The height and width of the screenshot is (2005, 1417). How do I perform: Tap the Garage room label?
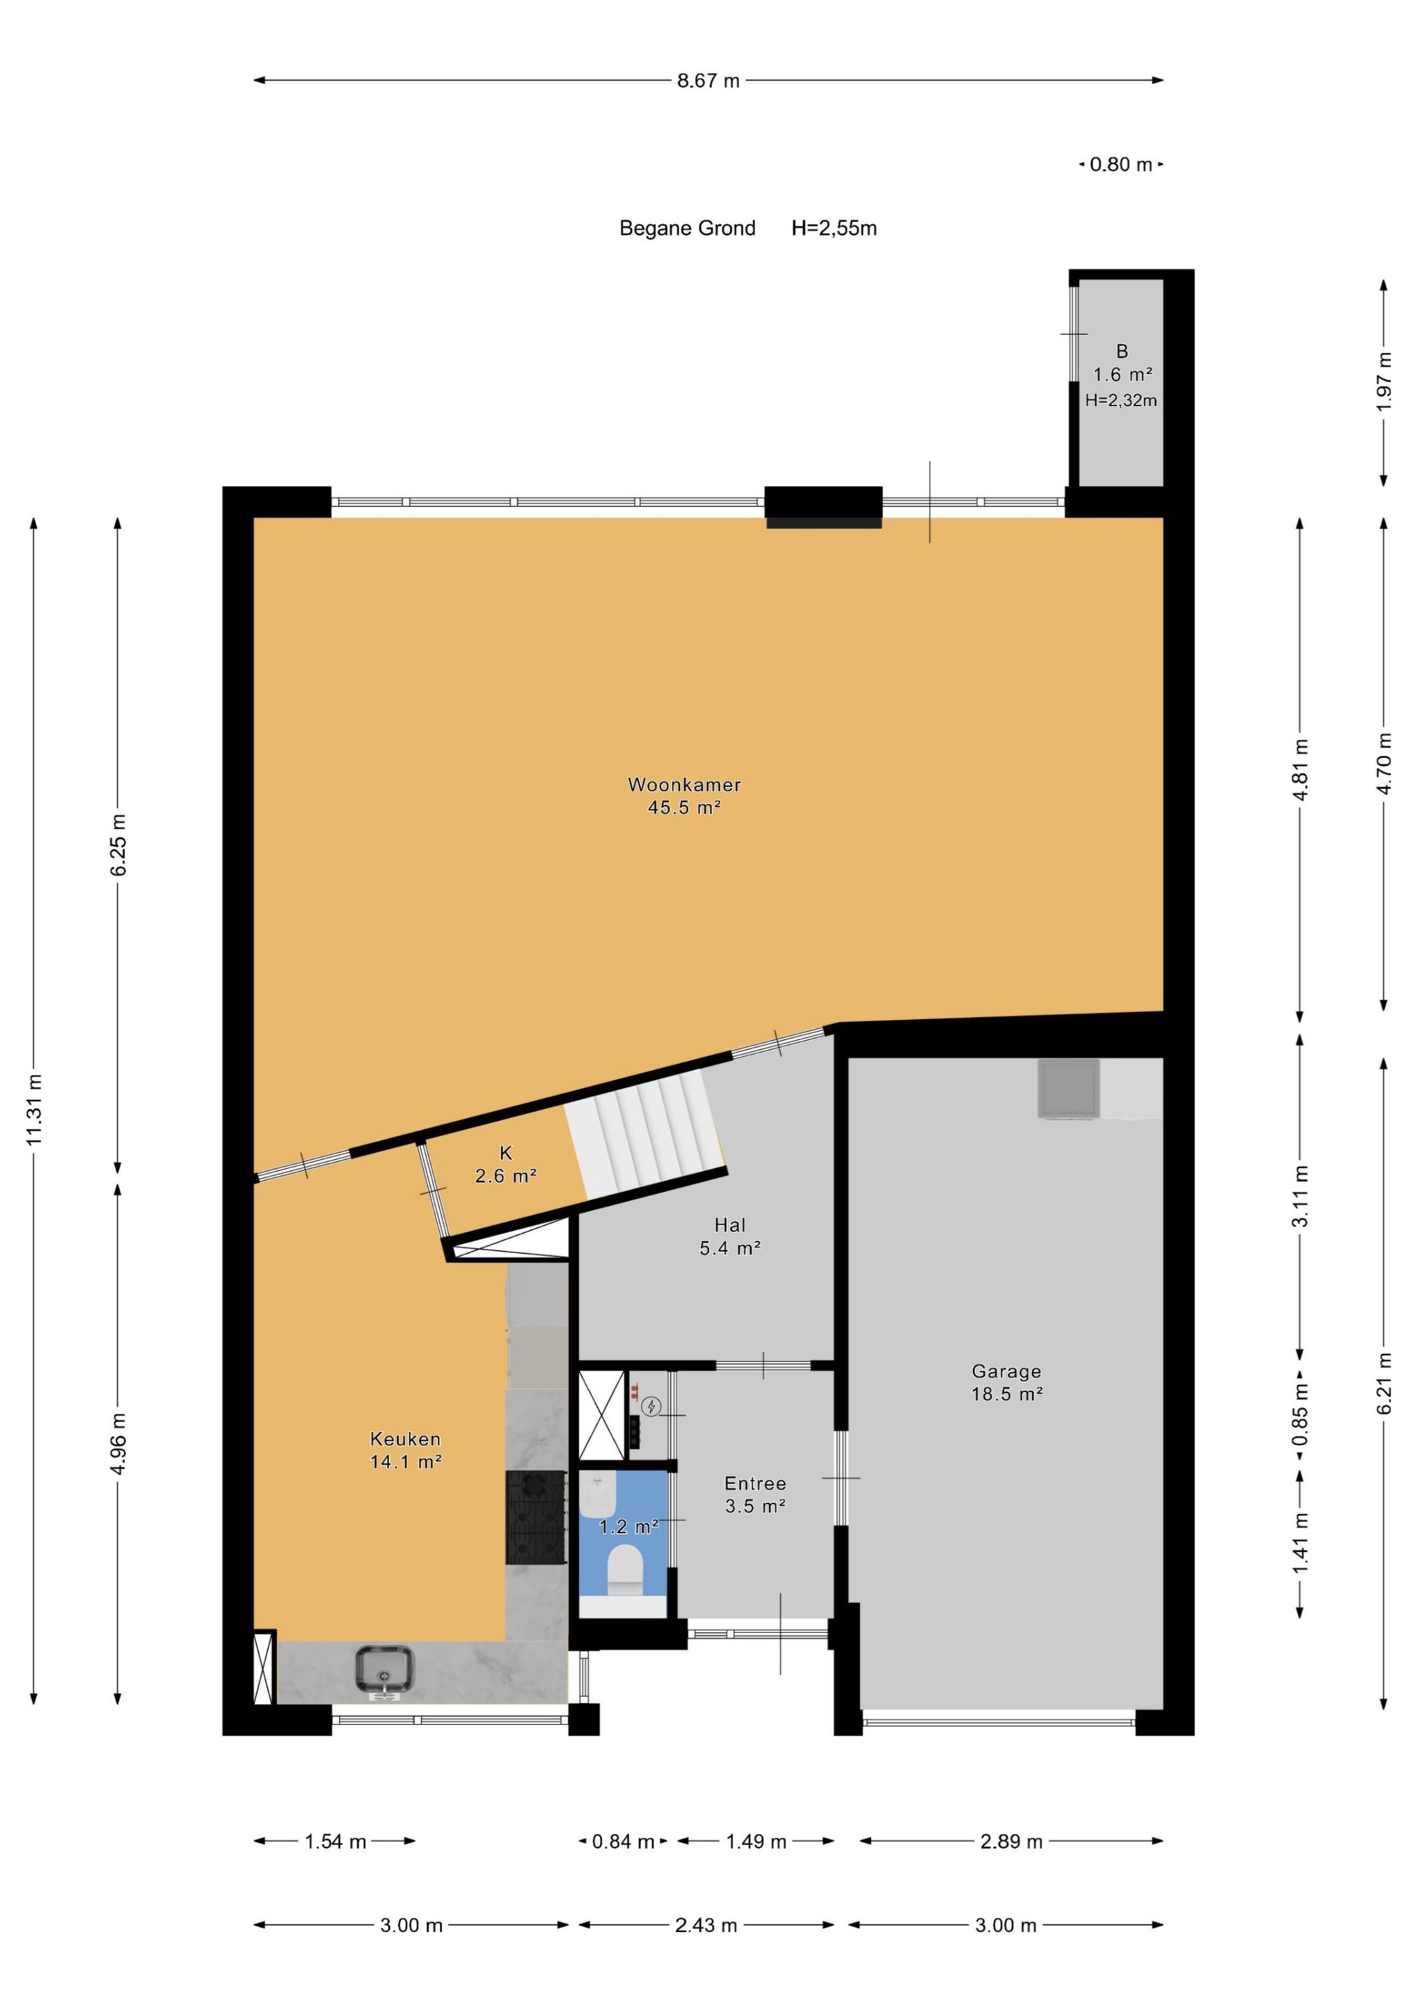coord(1006,1371)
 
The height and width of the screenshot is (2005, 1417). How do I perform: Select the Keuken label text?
coord(405,1439)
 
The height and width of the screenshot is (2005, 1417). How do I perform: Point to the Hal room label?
coord(730,1225)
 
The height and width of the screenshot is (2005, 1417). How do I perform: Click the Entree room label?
coord(755,1483)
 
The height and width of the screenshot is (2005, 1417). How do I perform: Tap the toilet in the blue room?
coord(624,1568)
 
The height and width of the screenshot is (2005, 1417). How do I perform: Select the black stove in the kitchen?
coord(536,1517)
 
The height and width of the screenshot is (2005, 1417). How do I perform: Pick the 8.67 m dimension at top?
coord(708,80)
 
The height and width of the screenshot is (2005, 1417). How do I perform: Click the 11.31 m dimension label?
coord(34,1109)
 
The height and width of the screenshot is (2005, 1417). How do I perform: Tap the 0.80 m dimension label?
coord(1121,164)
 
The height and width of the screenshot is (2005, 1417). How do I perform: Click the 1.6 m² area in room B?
coord(1123,375)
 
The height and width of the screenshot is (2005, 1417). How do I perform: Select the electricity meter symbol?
coord(651,1407)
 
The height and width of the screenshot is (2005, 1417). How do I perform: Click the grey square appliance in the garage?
coord(1068,1089)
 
